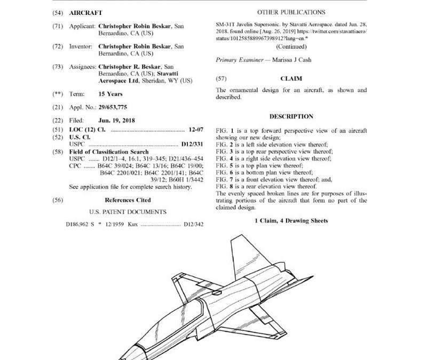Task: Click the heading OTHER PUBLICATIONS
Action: point(291,11)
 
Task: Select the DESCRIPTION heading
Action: point(291,116)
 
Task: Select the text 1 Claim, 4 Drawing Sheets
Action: point(291,221)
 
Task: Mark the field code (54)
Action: point(58,11)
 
